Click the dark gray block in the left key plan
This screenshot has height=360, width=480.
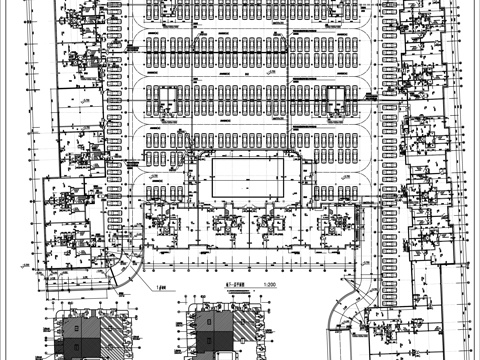pos(88,344)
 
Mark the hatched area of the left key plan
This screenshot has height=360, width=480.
pos(116,330)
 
